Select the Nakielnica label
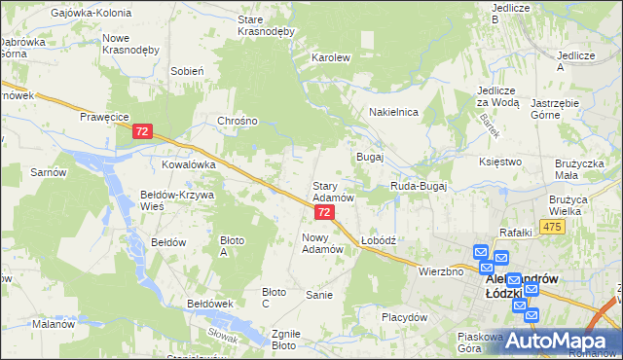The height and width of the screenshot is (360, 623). pyautogui.click(x=393, y=112)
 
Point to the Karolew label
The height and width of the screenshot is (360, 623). pyautogui.click(x=330, y=57)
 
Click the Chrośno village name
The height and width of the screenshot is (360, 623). pyautogui.click(x=238, y=122)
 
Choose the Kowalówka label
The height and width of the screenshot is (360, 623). pyautogui.click(x=188, y=165)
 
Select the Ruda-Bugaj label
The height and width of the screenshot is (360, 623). pyautogui.click(x=418, y=184)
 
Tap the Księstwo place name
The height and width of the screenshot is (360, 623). pyautogui.click(x=501, y=162)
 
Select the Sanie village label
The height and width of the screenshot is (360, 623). pyautogui.click(x=320, y=294)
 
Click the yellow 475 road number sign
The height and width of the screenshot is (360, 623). pyautogui.click(x=553, y=227)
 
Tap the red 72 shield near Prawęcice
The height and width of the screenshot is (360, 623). pyautogui.click(x=143, y=130)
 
